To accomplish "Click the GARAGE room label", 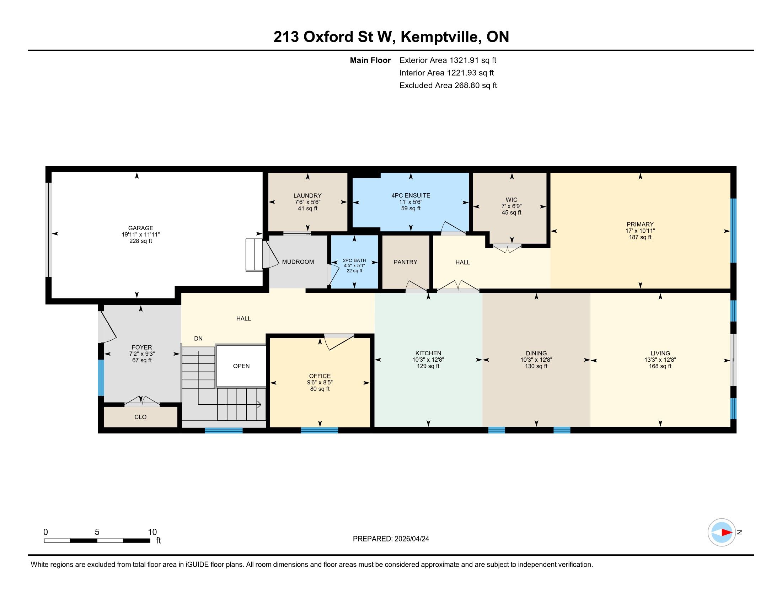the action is tap(141, 228).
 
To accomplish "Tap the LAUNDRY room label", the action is tap(307, 196).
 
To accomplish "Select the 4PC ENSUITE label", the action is tap(411, 195).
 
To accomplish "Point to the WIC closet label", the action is tap(511, 200).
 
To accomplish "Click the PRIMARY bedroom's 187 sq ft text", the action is tap(640, 237).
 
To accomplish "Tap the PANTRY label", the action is tap(405, 262).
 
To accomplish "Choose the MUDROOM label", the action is tap(298, 262).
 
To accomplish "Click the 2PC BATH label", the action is tap(354, 260).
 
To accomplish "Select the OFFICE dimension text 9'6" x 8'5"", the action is tap(320, 383).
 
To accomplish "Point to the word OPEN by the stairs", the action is tap(241, 366).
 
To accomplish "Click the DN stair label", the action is tap(198, 339).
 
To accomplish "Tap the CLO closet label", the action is tap(140, 417).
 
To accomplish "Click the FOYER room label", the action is tap(142, 347).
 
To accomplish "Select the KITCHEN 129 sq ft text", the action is tap(428, 366).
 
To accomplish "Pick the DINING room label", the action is tap(536, 353).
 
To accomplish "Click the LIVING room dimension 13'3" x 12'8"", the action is tap(660, 360).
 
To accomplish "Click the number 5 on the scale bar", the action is tap(97, 532).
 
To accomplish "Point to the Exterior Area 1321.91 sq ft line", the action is tap(448, 60).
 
